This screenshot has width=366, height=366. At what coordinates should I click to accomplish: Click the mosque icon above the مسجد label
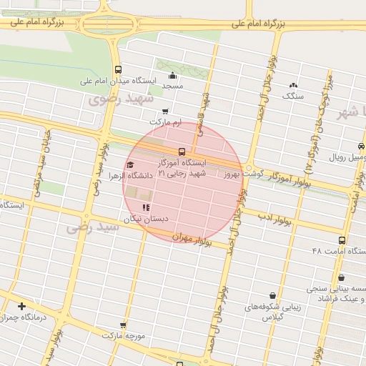tap(172, 76)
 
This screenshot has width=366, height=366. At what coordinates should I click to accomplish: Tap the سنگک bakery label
tap(293, 95)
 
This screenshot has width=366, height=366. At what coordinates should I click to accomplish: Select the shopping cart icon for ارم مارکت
tap(166, 112)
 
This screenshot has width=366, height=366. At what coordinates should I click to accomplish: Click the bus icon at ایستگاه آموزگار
tap(182, 152)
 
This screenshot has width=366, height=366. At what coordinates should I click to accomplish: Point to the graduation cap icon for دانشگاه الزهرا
tap(129, 165)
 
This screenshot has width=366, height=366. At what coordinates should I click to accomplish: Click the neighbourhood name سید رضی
tap(91, 227)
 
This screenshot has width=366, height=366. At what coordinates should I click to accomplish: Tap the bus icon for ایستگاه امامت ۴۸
tap(342, 241)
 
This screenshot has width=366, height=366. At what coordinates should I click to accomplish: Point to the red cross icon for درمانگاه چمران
tap(22, 307)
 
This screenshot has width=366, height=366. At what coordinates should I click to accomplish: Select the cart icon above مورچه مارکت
tap(123, 325)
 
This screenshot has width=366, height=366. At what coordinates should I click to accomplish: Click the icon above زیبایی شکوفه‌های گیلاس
tap(272, 295)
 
